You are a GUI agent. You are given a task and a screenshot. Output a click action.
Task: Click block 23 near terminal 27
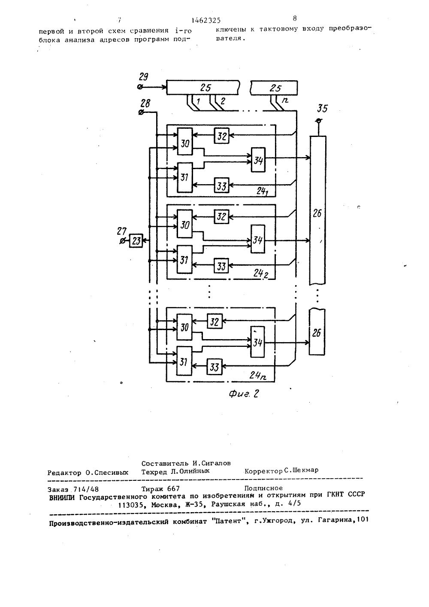pyautogui.click(x=136, y=240)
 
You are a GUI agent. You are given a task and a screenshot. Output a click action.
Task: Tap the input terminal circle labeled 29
pyautogui.click(x=140, y=87)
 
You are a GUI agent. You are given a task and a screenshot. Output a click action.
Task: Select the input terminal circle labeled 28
pyautogui.click(x=141, y=112)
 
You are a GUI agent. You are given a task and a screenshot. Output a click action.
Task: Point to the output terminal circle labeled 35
pyautogui.click(x=318, y=121)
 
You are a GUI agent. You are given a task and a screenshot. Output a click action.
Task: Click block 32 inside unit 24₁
pyautogui.click(x=221, y=136)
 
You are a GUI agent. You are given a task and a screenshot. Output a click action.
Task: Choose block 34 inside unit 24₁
pyautogui.click(x=258, y=160)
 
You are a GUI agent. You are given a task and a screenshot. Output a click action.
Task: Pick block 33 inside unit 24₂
pyautogui.click(x=221, y=266)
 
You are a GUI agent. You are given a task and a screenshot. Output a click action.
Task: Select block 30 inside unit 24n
pyautogui.click(x=184, y=327)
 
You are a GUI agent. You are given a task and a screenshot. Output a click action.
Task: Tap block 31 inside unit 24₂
pyautogui.click(x=184, y=260)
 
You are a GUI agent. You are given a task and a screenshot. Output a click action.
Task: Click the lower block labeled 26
pyautogui.click(x=317, y=332)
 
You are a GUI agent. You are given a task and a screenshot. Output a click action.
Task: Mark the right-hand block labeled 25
pyautogui.click(x=274, y=88)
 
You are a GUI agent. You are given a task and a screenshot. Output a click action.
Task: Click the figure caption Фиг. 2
pyautogui.click(x=244, y=394)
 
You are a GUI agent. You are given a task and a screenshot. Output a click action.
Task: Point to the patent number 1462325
pyautogui.click(x=206, y=20)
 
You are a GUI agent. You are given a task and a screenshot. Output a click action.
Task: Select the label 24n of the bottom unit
pyautogui.click(x=258, y=375)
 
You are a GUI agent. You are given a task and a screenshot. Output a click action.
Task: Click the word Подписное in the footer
pyautogui.click(x=263, y=488)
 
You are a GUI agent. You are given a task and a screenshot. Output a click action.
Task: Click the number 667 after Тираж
pyautogui.click(x=173, y=489)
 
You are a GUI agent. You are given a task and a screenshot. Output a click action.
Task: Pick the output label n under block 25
pyautogui.click(x=285, y=100)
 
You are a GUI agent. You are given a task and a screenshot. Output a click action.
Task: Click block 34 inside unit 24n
pyautogui.click(x=257, y=342)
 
